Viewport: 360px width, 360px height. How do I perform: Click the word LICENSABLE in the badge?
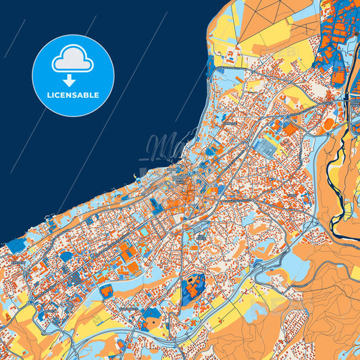tap(73, 95)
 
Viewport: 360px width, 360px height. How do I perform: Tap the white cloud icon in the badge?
tap(73, 60)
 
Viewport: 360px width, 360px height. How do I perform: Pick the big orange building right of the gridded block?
tap(289, 128)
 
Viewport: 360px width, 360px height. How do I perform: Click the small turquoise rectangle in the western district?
tap(145, 232)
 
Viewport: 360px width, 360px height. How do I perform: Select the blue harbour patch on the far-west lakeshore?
tap(14, 242)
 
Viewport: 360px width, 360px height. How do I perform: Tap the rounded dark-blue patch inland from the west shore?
tap(66, 256)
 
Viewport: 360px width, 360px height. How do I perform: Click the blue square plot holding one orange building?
tap(106, 291)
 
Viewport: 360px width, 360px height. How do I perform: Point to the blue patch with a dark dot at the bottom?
tap(154, 318)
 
